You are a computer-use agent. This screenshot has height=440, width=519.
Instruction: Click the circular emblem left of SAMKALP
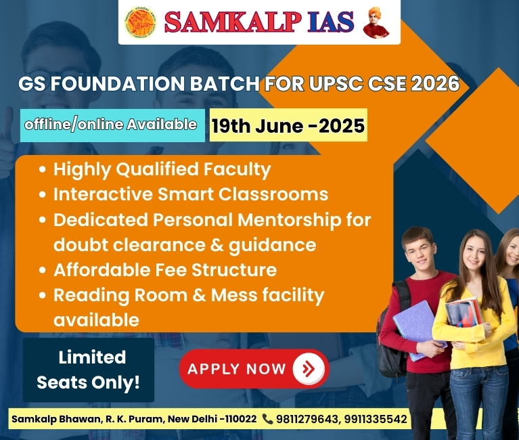pos(141,22)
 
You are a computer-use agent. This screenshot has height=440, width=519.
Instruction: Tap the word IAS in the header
pos(330,22)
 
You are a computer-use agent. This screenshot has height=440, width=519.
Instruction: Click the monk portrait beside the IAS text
pos(376,22)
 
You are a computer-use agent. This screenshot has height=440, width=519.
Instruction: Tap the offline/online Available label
pos(110,125)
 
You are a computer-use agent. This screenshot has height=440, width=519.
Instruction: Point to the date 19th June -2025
pos(288,126)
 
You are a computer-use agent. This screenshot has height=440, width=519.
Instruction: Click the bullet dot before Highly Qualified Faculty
pos(42,169)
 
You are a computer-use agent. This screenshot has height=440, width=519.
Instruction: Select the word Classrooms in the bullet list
pos(273,194)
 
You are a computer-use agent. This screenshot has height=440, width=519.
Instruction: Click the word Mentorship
pos(290,220)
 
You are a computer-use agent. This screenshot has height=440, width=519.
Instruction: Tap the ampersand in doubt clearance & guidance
pos(217,245)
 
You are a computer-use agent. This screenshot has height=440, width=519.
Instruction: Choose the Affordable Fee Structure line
pos(165,270)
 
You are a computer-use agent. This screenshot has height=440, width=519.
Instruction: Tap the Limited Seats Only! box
pos(89,370)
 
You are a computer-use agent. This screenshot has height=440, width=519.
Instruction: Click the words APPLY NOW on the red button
pos(237,369)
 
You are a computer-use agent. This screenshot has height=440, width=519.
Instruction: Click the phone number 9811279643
pos(307,419)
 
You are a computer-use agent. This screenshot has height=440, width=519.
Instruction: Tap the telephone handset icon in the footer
pos(267,419)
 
